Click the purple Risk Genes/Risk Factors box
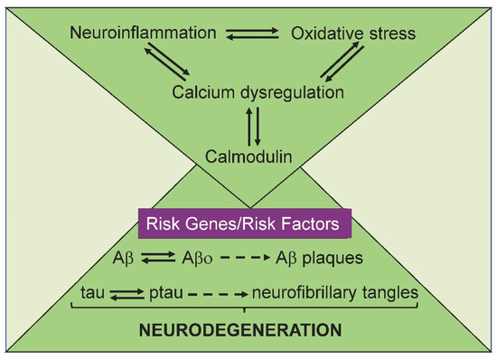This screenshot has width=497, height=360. point(244,221)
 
